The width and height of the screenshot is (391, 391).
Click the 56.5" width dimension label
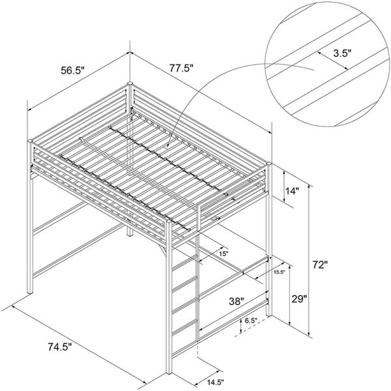pyautogui.click(x=73, y=70)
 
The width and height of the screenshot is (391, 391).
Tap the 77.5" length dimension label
pyautogui.click(x=182, y=68)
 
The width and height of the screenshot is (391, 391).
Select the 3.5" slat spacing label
pyautogui.click(x=342, y=53)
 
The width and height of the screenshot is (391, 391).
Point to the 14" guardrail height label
pyautogui.click(x=292, y=191)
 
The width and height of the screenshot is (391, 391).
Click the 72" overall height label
pyautogui.click(x=320, y=265)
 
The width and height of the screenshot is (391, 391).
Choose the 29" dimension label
pyautogui.click(x=299, y=298)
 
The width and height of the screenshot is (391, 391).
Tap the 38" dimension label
pyautogui.click(x=237, y=301)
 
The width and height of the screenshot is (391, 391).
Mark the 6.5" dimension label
pyautogui.click(x=251, y=321)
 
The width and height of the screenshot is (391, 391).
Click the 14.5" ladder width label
pyautogui.click(x=215, y=381)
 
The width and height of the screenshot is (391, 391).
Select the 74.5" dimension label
pyautogui.click(x=60, y=347)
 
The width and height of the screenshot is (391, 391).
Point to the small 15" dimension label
pyautogui.click(x=224, y=253)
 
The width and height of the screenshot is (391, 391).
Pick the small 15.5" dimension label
pyautogui.click(x=280, y=272)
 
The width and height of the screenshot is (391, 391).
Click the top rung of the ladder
pyautogui.click(x=185, y=262)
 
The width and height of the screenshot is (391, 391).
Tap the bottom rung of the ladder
pyautogui.click(x=185, y=326)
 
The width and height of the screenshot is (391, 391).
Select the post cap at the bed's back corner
pyautogui.click(x=130, y=83)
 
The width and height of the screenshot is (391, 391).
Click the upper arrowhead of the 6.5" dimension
pyautogui.click(x=241, y=321)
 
